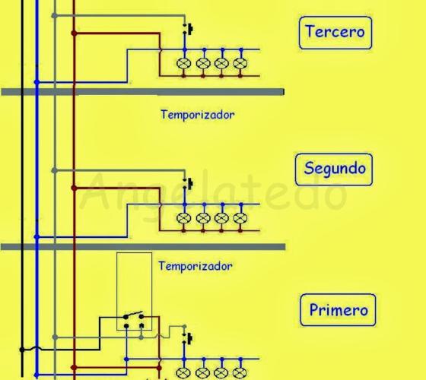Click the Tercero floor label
click(x=335, y=33)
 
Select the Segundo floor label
click(x=334, y=169)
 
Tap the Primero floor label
click(x=338, y=310)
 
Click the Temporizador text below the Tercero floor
click(x=198, y=115)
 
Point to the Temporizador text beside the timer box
click(x=196, y=266)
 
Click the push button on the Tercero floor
click(x=188, y=29)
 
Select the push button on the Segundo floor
click(x=188, y=184)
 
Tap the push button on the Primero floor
click(x=188, y=338)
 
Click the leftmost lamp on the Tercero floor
click(x=183, y=64)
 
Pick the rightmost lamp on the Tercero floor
click(x=240, y=64)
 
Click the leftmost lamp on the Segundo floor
click(x=183, y=218)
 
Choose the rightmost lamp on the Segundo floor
click(x=240, y=218)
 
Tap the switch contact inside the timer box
click(x=133, y=315)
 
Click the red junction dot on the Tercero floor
click(x=74, y=33)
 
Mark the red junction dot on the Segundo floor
click(x=74, y=188)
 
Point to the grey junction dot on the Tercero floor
click(x=54, y=16)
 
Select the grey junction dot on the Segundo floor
click(x=54, y=170)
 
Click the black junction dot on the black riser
click(x=22, y=350)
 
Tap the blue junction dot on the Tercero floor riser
click(x=37, y=82)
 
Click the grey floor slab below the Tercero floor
click(x=143, y=92)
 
